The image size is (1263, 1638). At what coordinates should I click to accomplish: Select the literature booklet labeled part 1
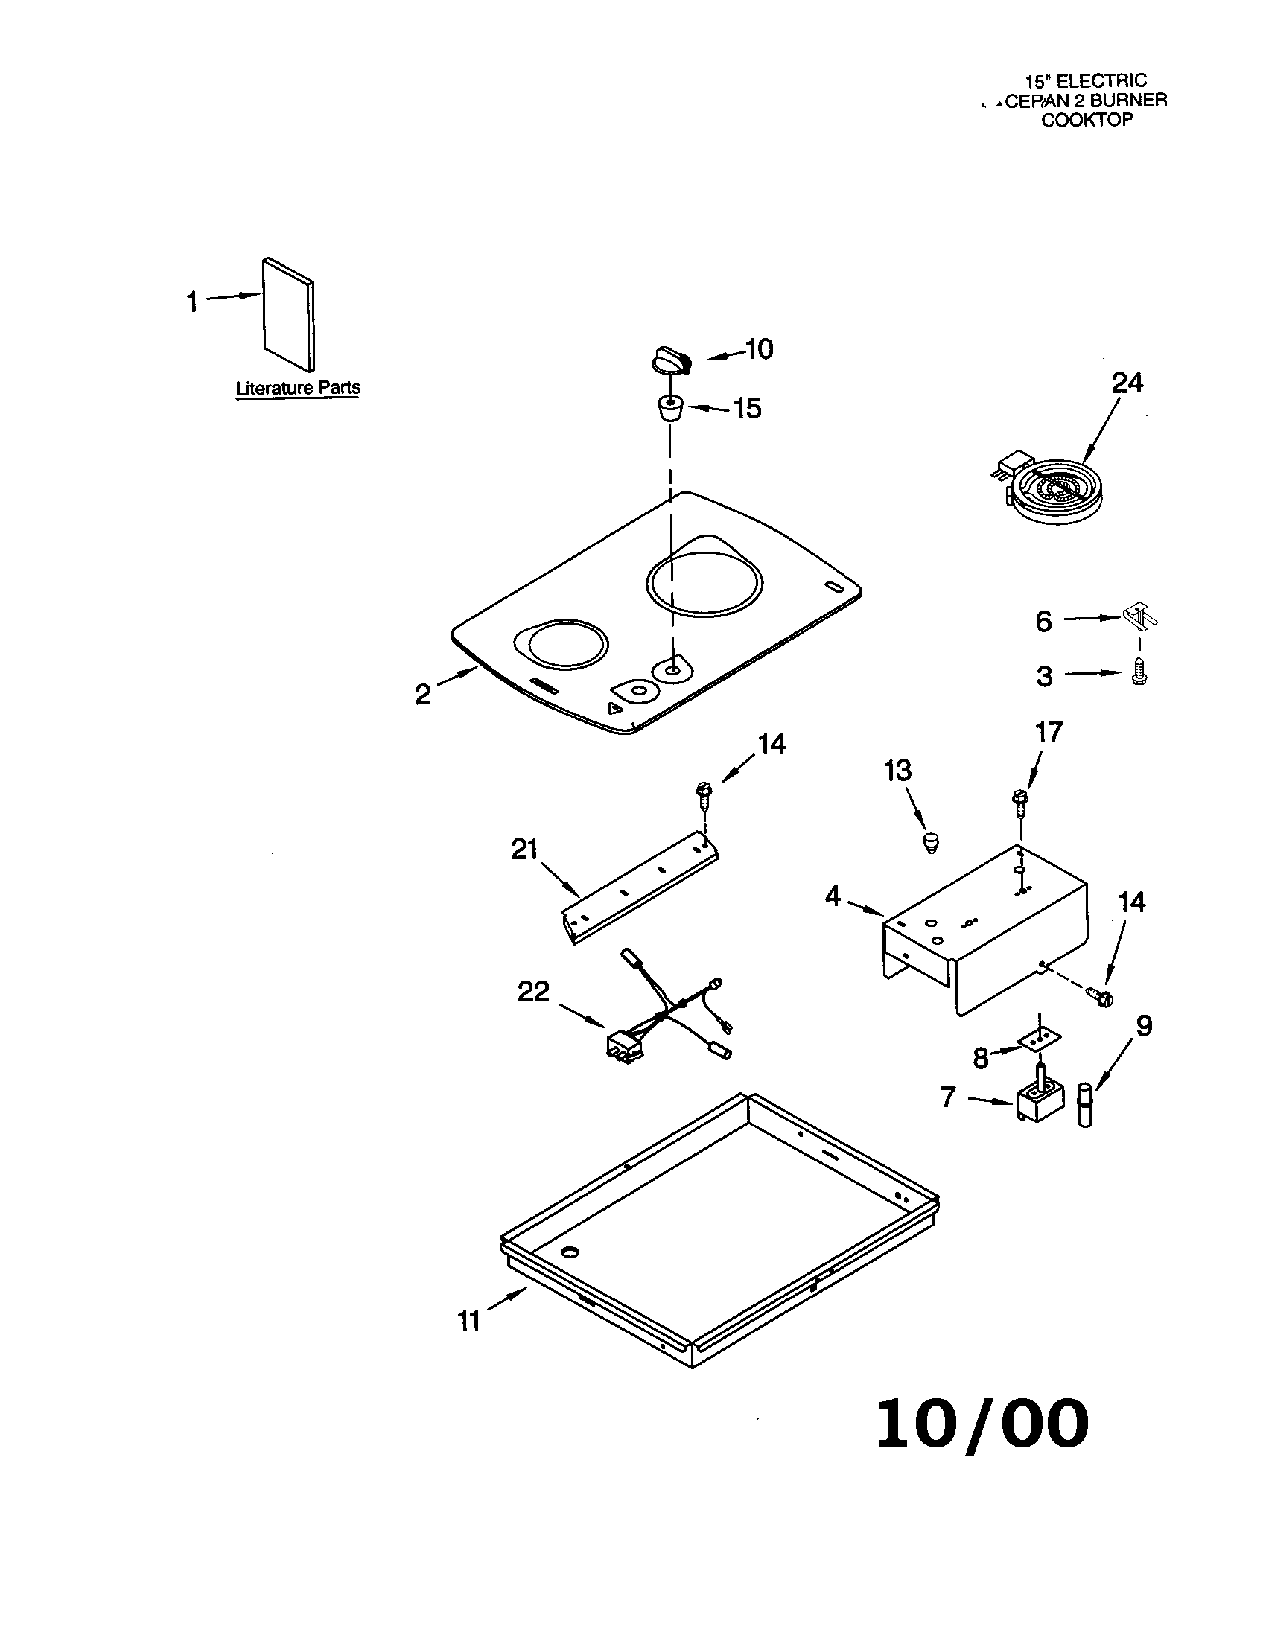point(288,315)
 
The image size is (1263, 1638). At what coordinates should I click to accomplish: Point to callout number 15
point(747,409)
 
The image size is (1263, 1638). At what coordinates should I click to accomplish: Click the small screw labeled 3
point(1139,672)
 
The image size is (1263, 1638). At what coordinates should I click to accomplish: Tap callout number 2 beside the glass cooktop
point(423,695)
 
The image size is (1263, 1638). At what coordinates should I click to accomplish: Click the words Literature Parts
point(298,389)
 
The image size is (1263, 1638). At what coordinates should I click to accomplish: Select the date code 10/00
point(982,1424)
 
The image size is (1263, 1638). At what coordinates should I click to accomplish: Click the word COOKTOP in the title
point(1086,120)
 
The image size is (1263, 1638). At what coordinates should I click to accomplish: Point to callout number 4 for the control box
point(833,896)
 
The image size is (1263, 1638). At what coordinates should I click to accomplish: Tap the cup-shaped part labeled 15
point(669,409)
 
